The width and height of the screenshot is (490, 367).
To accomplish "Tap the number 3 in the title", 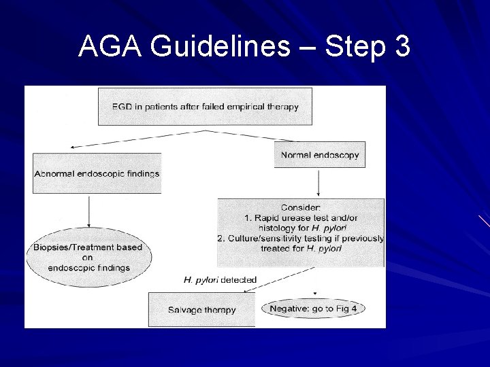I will (401, 47).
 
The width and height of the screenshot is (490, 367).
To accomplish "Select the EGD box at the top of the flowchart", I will (205, 106).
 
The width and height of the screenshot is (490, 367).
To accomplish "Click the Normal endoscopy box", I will (319, 155).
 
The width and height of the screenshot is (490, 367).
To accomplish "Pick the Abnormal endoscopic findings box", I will (97, 173).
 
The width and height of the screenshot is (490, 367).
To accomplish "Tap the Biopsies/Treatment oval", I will (88, 258).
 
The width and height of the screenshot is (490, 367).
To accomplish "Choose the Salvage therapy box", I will (201, 310).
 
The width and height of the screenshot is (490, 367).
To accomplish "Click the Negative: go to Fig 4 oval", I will (312, 309).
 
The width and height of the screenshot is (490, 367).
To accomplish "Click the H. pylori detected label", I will (220, 279).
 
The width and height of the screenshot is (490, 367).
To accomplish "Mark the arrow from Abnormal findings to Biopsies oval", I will (89, 211).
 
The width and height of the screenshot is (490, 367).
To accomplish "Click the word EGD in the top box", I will (123, 106).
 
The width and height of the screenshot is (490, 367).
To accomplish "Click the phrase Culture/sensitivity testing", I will (268, 238).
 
